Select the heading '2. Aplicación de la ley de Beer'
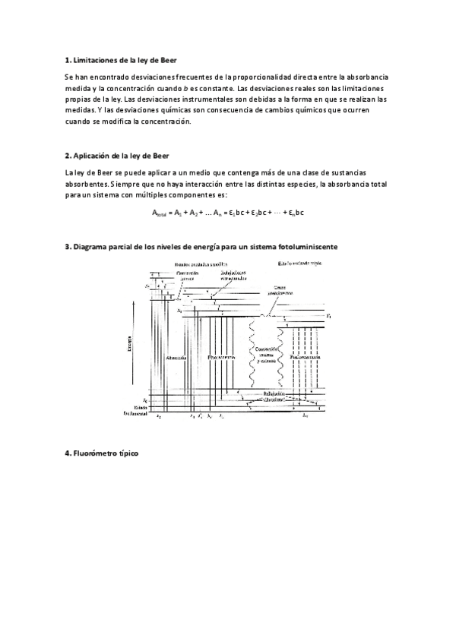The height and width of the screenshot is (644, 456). coord(118,156)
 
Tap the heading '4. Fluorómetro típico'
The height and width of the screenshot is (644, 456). coord(101,453)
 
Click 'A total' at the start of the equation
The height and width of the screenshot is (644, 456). coord(163,214)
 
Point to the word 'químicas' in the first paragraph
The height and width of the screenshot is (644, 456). coord(152,110)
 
